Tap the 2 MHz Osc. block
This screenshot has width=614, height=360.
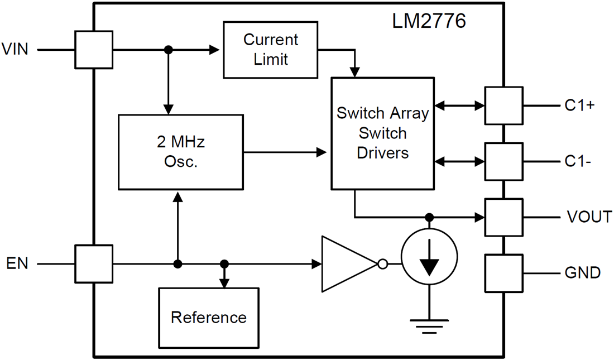(x=181, y=152)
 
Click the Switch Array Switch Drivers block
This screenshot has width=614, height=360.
(x=382, y=133)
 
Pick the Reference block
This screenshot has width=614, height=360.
(x=208, y=318)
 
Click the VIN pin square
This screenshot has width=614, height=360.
(x=94, y=50)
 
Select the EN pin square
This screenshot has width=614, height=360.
(x=94, y=263)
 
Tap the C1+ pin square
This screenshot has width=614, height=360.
(x=503, y=105)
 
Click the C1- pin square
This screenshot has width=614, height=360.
(x=503, y=161)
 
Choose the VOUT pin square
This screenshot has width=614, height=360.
(x=503, y=217)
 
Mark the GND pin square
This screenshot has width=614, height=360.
(x=503, y=273)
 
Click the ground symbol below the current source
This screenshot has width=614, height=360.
(x=429, y=325)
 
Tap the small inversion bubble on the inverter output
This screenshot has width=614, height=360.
(x=382, y=263)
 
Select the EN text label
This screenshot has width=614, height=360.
(x=17, y=263)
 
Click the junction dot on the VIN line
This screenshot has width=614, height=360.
(x=167, y=50)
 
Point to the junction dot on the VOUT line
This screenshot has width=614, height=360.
(x=429, y=217)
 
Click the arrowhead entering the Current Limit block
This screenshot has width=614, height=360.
(x=215, y=50)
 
